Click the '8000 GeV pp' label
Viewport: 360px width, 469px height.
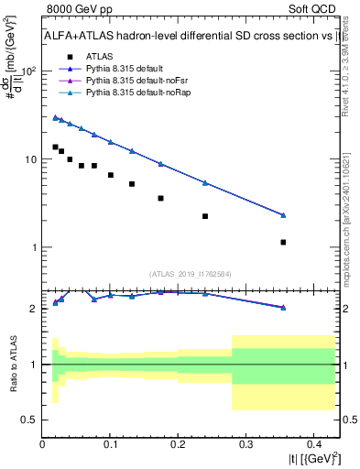click(x=73, y=10)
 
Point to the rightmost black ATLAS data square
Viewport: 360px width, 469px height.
click(x=283, y=242)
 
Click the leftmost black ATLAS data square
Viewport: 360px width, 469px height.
click(x=55, y=147)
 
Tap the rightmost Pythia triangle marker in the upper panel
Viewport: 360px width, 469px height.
click(x=283, y=215)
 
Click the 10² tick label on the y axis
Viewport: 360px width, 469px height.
click(x=28, y=71)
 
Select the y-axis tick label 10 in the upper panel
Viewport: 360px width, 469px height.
click(x=30, y=159)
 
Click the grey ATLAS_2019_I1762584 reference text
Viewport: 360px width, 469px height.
click(x=190, y=273)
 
